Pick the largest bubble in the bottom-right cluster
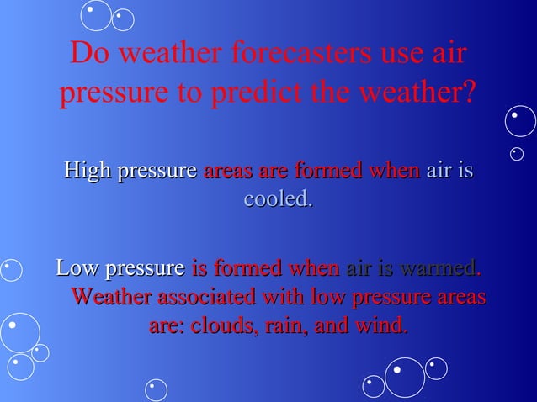click(405, 378)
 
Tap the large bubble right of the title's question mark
click(519, 121)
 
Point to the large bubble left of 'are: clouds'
click(19, 332)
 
